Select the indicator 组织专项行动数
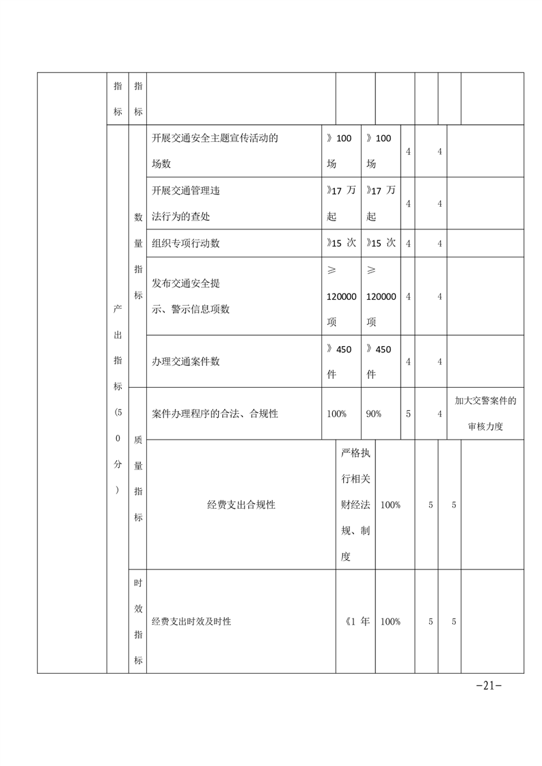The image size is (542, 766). tap(186, 243)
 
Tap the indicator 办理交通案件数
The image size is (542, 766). tap(186, 362)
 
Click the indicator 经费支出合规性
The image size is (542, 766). tap(241, 505)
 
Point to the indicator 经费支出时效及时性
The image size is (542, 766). tap(191, 622)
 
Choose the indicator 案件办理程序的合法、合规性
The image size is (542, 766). tap(215, 414)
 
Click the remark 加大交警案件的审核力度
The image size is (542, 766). tap(485, 414)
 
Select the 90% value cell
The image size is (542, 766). tap(373, 414)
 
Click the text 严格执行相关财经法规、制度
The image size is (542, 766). tap(355, 505)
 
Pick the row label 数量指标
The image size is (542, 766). tap(138, 256)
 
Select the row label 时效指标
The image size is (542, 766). tap(138, 621)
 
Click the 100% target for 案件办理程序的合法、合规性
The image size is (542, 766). tap(336, 414)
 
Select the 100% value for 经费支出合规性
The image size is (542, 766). tap(390, 505)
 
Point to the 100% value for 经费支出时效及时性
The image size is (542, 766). tap(390, 622)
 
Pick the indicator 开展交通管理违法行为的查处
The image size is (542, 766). tap(186, 203)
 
